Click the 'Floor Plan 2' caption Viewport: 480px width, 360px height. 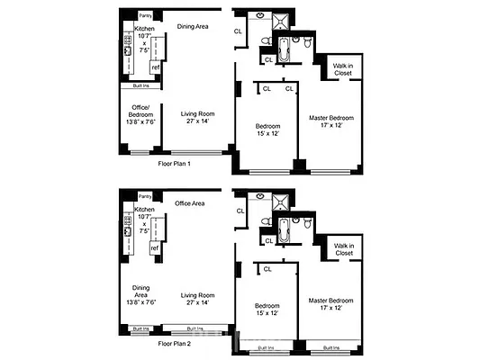point(176,344)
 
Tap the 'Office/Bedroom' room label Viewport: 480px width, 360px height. point(140,112)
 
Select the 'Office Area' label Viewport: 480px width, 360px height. point(190,203)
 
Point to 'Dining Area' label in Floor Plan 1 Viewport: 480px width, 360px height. point(192,26)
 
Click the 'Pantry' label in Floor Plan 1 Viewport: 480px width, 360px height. point(145,15)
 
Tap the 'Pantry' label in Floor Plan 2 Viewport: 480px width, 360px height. point(145,194)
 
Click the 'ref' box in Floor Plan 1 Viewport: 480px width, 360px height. point(155,67)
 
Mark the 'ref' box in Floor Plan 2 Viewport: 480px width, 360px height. point(155,247)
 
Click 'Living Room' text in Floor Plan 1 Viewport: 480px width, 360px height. point(198,114)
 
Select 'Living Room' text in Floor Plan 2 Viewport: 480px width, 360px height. point(198,294)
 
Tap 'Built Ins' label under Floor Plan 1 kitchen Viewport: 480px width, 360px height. point(140,85)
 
